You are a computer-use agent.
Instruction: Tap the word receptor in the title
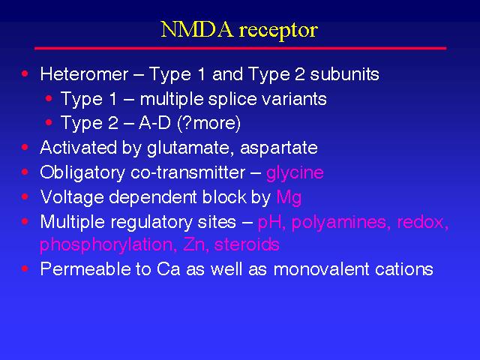tap(278, 31)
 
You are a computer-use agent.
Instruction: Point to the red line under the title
tap(241, 48)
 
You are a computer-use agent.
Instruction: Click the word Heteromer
tap(84, 74)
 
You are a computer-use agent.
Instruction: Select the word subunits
tap(344, 74)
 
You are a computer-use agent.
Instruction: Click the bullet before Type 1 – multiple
tap(49, 98)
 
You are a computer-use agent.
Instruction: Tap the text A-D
tap(154, 123)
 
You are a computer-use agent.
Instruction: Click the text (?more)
tap(208, 124)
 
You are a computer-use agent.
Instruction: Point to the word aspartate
tap(278, 148)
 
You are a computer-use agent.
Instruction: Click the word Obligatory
tap(82, 173)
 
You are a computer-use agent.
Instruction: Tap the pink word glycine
tap(295, 173)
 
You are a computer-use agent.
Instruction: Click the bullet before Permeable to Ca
tap(25, 268)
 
